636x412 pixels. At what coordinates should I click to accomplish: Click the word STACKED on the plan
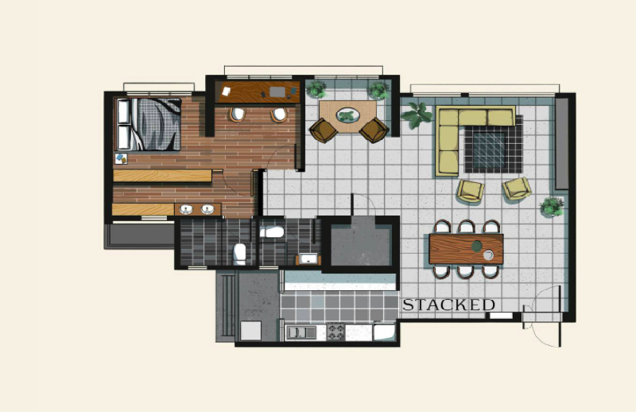pyautogui.click(x=448, y=305)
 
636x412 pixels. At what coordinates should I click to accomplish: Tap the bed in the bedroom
pyautogui.click(x=149, y=124)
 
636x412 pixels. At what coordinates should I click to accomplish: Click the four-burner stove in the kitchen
pyautogui.click(x=335, y=332)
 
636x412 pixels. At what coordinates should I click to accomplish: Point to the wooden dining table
pyautogui.click(x=466, y=249)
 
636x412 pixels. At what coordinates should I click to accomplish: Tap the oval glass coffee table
pyautogui.click(x=347, y=115)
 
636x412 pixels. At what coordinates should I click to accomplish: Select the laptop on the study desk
pyautogui.click(x=277, y=92)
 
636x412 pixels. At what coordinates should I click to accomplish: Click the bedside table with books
pyautogui.click(x=121, y=159)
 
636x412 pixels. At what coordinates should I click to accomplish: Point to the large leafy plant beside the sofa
pyautogui.click(x=417, y=115)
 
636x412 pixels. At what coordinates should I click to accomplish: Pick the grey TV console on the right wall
pyautogui.click(x=562, y=143)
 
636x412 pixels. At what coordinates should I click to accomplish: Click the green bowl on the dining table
pyautogui.click(x=476, y=246)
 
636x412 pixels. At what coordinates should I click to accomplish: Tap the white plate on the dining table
pyautogui.click(x=488, y=255)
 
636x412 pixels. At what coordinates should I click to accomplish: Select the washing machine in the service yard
pyautogui.click(x=250, y=330)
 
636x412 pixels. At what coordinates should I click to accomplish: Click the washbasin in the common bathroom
pyautogui.click(x=308, y=258)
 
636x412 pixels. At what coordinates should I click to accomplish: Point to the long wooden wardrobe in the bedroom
pyautogui.click(x=162, y=176)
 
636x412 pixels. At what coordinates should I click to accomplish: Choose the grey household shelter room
pyautogui.click(x=361, y=244)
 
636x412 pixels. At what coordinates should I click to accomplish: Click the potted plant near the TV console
pyautogui.click(x=552, y=207)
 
